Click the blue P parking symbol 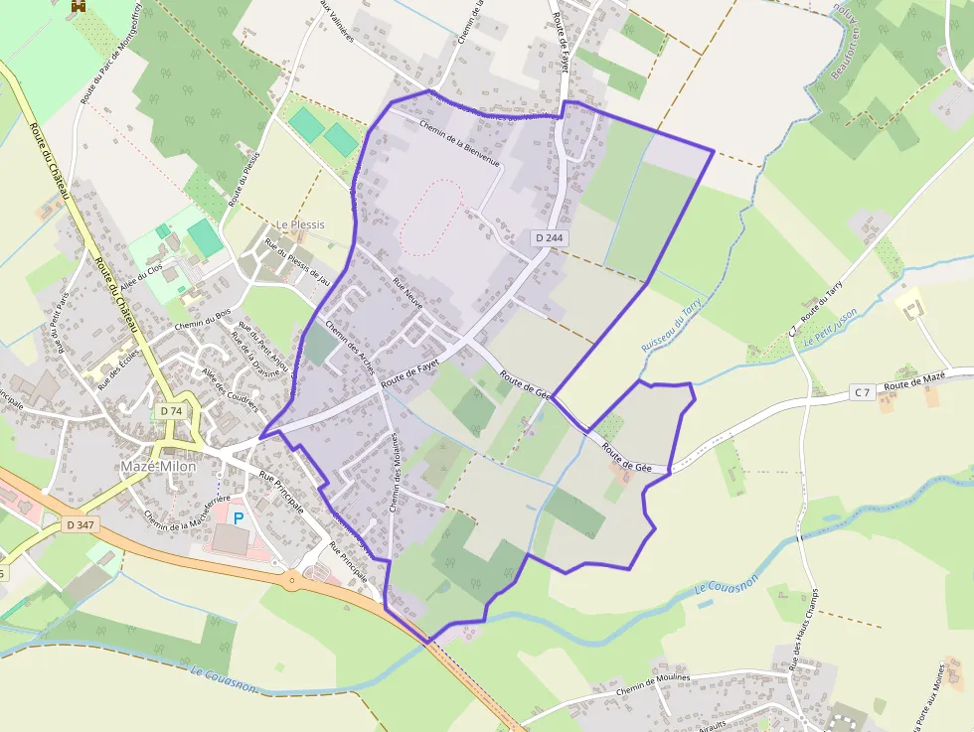point(238,517)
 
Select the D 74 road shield point(171,410)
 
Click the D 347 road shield point(80,523)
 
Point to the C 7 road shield point(862,393)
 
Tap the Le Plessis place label point(300,224)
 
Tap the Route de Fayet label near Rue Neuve point(410,369)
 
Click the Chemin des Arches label point(350,348)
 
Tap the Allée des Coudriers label point(230,388)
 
